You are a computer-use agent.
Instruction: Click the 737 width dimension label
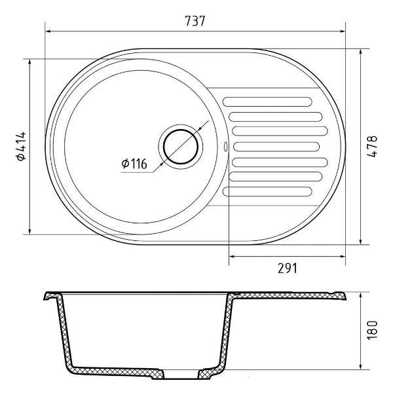(195, 21)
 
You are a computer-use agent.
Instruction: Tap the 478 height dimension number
(372, 146)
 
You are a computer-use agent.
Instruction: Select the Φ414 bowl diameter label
(21, 146)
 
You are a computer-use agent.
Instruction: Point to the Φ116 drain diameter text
(134, 164)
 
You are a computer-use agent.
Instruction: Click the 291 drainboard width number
(288, 268)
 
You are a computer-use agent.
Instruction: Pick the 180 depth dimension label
(372, 330)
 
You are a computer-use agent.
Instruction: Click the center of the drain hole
(181, 147)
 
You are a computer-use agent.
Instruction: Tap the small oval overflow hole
(225, 146)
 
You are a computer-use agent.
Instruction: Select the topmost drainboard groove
(267, 102)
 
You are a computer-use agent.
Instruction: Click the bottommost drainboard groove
(267, 191)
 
